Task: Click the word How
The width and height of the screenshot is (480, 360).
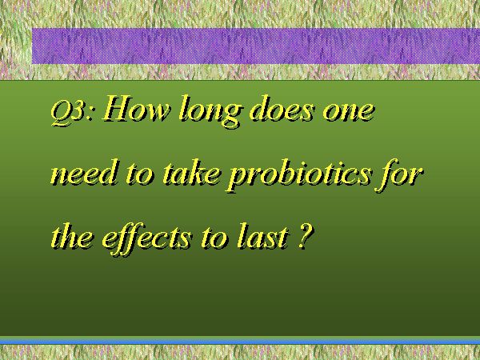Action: click(x=136, y=108)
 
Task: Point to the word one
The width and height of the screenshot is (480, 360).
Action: click(x=348, y=112)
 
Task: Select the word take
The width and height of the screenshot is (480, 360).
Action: click(x=192, y=172)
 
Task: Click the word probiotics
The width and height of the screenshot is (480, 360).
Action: click(x=298, y=175)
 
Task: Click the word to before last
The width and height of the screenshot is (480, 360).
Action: click(x=214, y=238)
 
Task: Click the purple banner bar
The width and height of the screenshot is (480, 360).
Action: click(x=256, y=46)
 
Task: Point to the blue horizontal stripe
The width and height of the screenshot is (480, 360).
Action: click(x=240, y=341)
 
